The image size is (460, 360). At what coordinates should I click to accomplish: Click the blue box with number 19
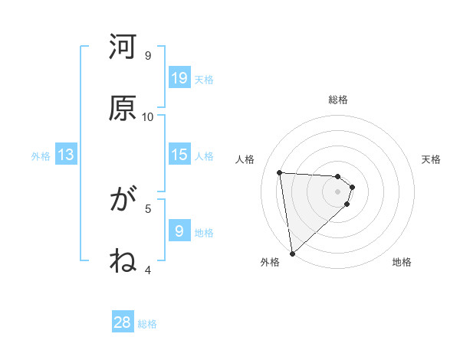179,77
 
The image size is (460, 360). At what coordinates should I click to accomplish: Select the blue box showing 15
179,155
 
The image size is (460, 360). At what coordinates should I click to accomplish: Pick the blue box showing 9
179,231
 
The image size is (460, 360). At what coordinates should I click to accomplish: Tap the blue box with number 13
66,155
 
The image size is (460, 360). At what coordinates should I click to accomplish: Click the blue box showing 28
123,322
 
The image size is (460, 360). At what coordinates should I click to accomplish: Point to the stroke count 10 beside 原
148,116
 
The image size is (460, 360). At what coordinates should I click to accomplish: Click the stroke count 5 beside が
148,208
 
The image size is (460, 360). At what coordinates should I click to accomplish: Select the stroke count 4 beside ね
148,270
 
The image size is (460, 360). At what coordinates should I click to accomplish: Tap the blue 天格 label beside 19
203,80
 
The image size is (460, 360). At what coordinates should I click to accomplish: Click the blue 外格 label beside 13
41,156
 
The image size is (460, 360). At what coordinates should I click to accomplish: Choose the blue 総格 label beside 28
147,324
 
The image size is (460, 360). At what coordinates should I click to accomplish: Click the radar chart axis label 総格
338,100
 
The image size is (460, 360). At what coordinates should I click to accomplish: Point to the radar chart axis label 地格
402,262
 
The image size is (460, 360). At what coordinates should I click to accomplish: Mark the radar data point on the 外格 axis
292,253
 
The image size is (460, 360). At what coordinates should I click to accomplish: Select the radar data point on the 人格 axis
280,172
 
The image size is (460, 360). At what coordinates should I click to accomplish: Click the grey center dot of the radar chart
337,191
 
